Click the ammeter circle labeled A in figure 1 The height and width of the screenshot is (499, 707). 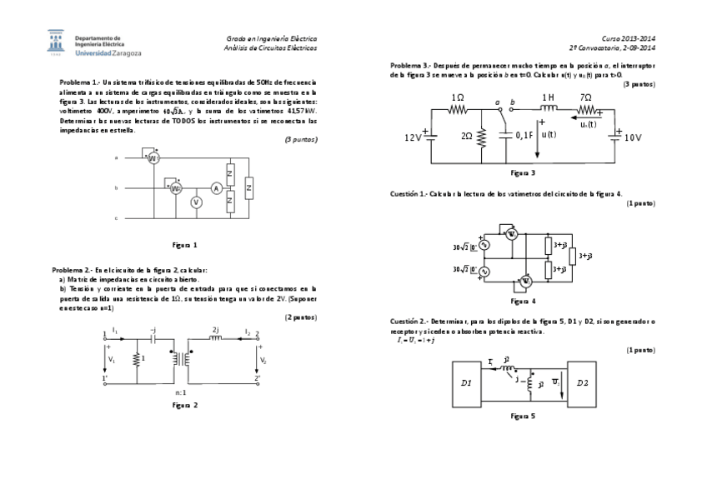pos(215,189)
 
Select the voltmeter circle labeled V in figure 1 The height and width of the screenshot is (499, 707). pos(196,202)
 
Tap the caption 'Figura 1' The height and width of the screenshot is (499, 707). pos(184,246)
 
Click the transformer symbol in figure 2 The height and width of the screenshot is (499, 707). pos(179,357)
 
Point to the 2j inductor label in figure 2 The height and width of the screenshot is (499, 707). pos(217,330)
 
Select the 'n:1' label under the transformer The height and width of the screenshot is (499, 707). pos(181,392)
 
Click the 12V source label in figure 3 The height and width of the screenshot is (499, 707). pos(413,137)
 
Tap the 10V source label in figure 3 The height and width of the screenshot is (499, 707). pos(634,137)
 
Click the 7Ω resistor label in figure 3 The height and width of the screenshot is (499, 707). pos(586,97)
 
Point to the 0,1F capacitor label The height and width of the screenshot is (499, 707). pos(524,135)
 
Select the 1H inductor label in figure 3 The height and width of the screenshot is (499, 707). pos(549,97)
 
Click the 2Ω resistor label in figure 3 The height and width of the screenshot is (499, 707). pos(467,135)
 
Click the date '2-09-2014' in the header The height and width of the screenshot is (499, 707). pos(634,47)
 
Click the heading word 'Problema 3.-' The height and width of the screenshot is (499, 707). pos(410,65)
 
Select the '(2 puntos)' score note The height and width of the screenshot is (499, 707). pos(301,317)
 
